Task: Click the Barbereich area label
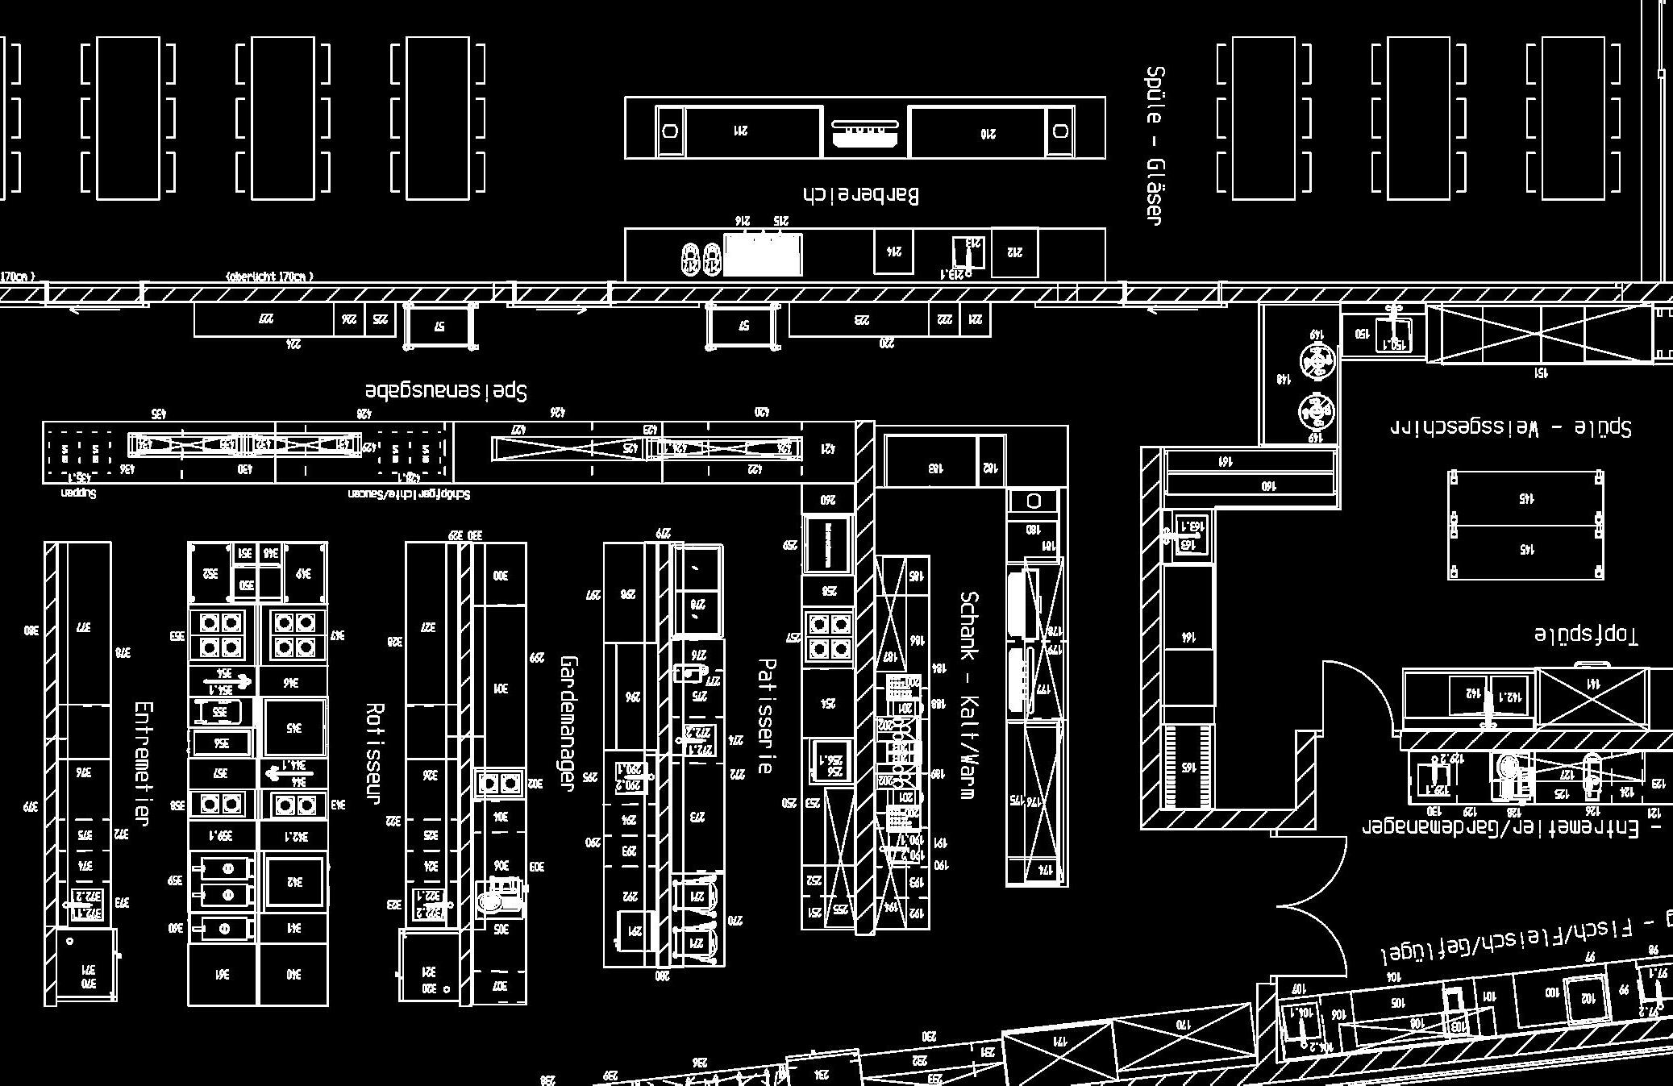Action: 861,195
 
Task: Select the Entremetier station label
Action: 143,764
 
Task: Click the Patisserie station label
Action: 766,716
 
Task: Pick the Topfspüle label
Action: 1586,634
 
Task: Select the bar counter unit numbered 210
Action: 988,133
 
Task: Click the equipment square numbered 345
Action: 294,727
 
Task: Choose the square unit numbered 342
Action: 294,882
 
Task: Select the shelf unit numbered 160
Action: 1249,485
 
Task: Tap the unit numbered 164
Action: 1188,637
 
